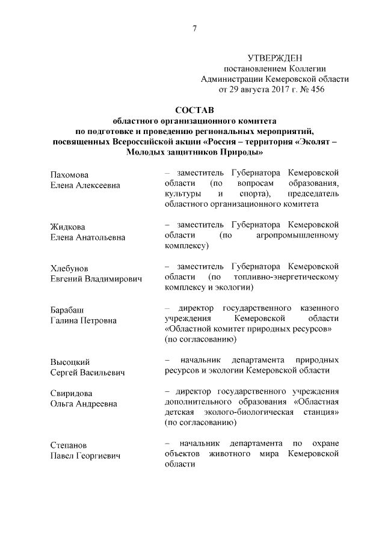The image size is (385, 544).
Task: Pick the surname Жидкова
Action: [69, 227]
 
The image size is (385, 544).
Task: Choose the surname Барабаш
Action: [67, 310]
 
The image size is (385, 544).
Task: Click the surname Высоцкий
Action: [70, 362]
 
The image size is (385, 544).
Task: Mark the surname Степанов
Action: [69, 446]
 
